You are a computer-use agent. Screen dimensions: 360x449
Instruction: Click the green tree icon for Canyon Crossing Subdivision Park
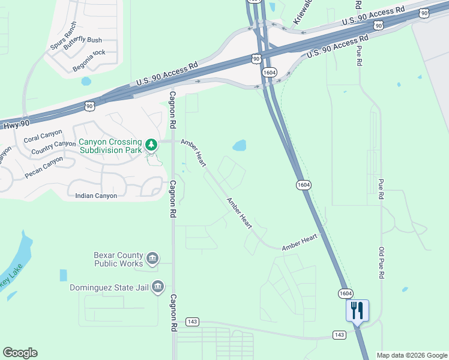152,145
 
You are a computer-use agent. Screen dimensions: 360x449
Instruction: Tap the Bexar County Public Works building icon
152,259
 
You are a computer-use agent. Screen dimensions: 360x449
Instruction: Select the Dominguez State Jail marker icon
158,287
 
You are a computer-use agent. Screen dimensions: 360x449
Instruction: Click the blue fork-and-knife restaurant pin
357,311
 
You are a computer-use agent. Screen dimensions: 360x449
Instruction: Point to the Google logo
20,353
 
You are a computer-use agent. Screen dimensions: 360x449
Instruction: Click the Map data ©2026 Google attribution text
412,355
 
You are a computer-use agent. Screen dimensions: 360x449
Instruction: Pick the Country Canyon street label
53,148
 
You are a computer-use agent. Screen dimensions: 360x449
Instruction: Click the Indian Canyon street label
96,196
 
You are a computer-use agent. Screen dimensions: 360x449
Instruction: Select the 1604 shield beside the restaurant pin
345,293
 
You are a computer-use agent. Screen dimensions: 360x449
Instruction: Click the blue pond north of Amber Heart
240,146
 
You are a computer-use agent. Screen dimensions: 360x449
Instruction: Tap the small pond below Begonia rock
86,80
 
